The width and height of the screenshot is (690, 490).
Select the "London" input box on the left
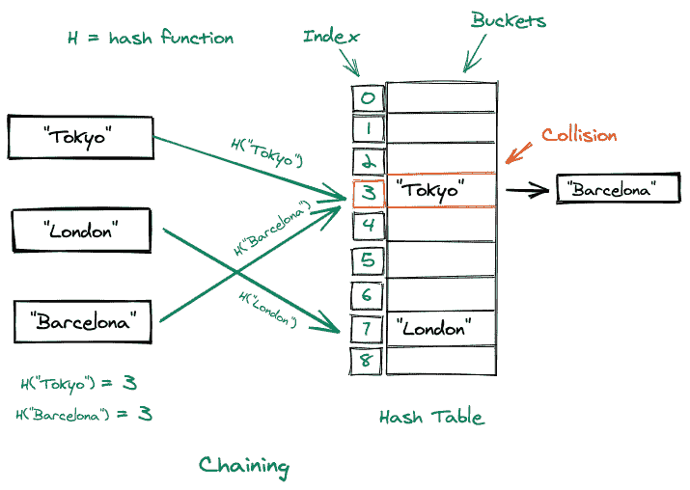pyautogui.click(x=82, y=231)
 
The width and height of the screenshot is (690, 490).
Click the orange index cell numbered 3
pyautogui.click(x=368, y=192)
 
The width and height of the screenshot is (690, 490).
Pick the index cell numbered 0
pyautogui.click(x=368, y=96)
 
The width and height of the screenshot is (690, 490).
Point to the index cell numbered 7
pyautogui.click(x=368, y=327)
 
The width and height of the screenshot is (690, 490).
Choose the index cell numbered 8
pyautogui.click(x=368, y=361)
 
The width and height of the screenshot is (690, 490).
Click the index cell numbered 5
pyautogui.click(x=368, y=259)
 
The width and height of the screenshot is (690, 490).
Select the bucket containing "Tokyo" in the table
pyautogui.click(x=441, y=191)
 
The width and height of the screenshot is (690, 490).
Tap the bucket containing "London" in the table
pyautogui.click(x=441, y=327)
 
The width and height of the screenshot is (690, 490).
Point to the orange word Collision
pyautogui.click(x=578, y=135)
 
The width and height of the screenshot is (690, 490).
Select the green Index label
pyautogui.click(x=331, y=37)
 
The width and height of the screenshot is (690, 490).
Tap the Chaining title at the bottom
pyautogui.click(x=243, y=466)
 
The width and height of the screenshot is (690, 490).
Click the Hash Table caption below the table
pyautogui.click(x=431, y=417)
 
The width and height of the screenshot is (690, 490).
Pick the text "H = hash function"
pyautogui.click(x=150, y=39)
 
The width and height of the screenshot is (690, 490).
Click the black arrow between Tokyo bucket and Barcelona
pyautogui.click(x=527, y=190)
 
